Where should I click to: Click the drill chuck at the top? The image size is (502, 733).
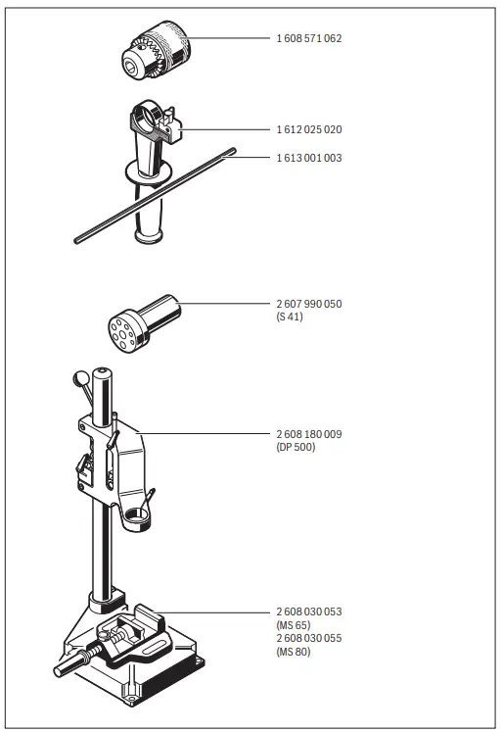tap(157, 49)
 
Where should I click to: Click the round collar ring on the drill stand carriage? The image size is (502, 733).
tap(136, 517)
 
